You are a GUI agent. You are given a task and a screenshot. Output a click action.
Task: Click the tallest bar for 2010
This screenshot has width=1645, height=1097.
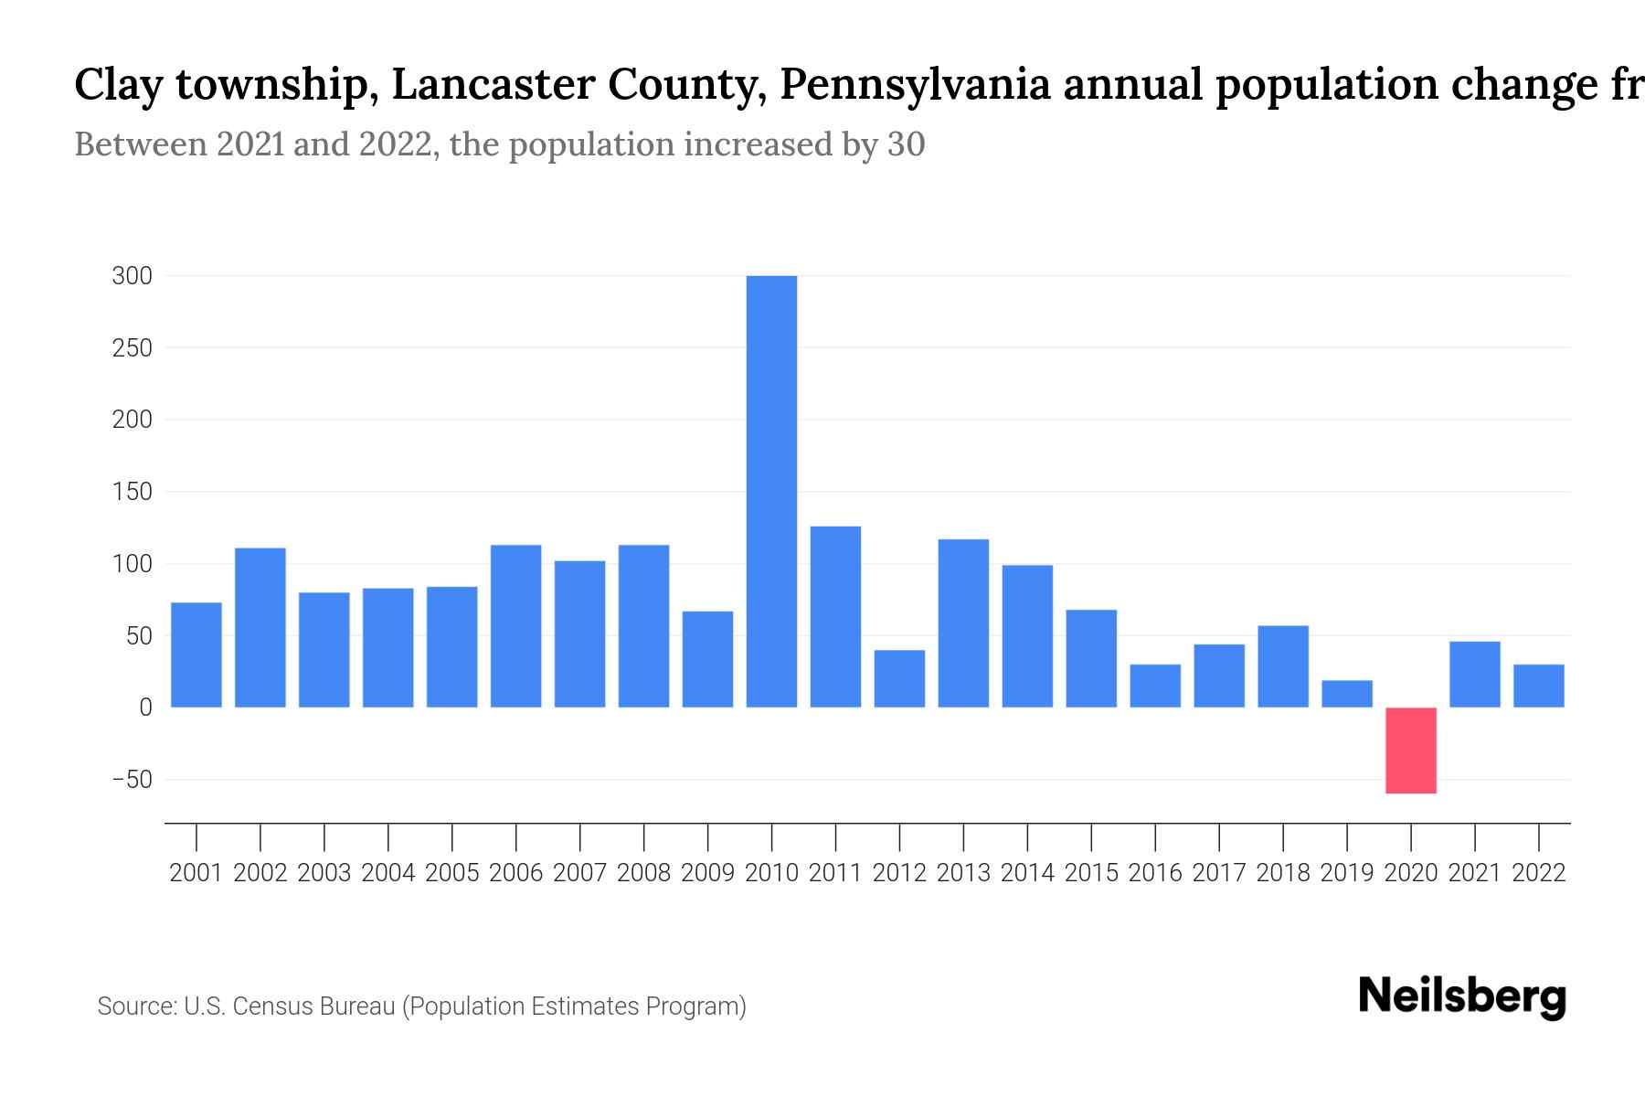[771, 491]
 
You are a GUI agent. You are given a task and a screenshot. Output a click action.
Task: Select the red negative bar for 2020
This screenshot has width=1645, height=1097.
[1410, 751]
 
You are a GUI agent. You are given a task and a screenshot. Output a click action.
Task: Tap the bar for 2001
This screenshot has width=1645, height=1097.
[196, 655]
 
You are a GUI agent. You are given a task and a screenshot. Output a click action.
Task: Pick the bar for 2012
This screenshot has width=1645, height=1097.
[899, 678]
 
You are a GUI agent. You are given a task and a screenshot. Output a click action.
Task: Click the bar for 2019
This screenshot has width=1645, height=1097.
[1347, 694]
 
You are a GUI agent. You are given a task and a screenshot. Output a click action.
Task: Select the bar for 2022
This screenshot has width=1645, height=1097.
[1539, 686]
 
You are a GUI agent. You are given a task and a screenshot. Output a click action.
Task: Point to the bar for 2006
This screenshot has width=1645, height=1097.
[516, 626]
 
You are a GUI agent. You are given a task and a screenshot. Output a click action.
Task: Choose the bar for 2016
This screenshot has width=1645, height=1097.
[1155, 686]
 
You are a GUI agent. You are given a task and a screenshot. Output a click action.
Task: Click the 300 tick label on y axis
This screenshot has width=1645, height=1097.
[132, 276]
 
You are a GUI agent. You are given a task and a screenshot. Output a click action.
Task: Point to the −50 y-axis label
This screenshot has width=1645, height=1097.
[132, 780]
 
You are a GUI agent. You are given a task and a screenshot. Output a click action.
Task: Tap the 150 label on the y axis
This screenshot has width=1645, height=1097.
[132, 492]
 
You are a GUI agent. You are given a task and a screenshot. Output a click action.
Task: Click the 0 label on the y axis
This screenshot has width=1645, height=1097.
[145, 708]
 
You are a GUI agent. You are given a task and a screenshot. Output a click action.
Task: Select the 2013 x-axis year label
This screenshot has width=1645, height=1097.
[963, 873]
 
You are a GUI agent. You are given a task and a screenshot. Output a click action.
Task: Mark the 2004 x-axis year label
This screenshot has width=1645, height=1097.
[388, 873]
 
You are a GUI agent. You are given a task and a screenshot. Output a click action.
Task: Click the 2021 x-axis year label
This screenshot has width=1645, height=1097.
[1475, 873]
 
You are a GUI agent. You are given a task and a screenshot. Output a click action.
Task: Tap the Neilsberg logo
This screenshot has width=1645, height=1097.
[1462, 996]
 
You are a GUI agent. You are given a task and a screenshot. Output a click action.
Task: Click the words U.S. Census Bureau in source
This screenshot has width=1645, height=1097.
[289, 1006]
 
